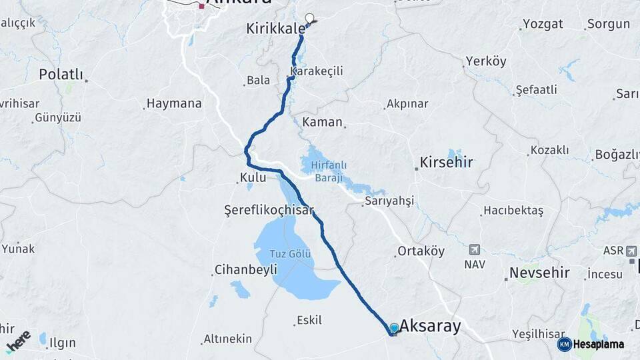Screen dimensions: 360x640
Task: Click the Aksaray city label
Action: pos(430,326)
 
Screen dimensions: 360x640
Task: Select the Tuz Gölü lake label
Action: pos(291,254)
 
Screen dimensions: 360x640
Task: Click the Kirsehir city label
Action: pos(446,162)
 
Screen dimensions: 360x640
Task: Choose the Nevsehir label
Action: pos(539,273)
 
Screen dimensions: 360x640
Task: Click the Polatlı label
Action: pos(61,74)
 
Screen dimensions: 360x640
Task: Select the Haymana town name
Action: pos(174,103)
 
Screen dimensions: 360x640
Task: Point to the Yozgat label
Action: pos(543,24)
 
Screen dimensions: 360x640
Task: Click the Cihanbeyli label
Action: pos(245,270)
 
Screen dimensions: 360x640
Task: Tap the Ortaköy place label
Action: pos(421,251)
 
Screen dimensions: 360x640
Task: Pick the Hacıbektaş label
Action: pos(513,211)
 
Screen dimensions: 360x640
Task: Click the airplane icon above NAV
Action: pos(475,249)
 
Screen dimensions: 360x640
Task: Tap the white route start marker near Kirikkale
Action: pos(309,18)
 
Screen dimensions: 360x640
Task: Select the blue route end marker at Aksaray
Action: pos(394,328)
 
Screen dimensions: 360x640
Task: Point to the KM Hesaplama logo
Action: pos(591,344)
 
